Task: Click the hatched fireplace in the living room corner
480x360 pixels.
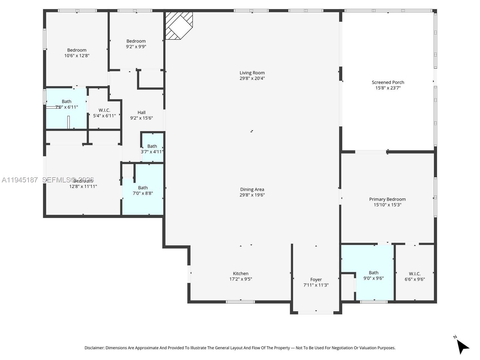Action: tap(178, 25)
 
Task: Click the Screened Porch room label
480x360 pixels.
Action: tap(388, 82)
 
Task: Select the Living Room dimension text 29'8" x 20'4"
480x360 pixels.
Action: tap(252, 78)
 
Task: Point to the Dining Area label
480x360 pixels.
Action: tap(252, 189)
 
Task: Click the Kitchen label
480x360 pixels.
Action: tap(241, 273)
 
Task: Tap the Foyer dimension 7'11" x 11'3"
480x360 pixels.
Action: tap(316, 285)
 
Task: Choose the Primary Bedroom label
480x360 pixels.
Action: tap(387, 199)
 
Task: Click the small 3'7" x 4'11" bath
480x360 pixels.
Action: tap(152, 149)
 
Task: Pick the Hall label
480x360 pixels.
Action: tap(142, 112)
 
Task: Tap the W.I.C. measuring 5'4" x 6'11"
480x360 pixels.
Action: tap(104, 113)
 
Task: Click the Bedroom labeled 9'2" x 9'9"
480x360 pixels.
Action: tap(136, 44)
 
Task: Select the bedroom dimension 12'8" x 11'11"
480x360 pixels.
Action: tap(83, 186)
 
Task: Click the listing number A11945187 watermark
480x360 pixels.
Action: tap(20, 180)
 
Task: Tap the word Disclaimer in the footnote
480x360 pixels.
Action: tap(94, 348)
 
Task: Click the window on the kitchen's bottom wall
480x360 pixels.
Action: tap(240, 302)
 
